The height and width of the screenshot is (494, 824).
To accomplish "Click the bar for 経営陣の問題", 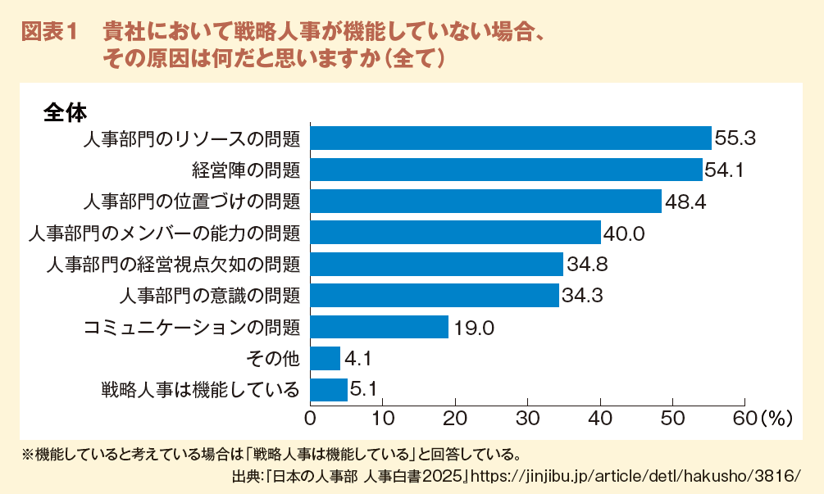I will tap(506, 170).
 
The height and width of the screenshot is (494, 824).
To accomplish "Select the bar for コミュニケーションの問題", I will tap(379, 327).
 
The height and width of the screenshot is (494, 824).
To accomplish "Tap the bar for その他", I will tap(325, 358).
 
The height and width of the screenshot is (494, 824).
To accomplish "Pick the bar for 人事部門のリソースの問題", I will tap(510, 138).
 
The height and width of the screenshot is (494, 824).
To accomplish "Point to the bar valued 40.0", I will tap(455, 233).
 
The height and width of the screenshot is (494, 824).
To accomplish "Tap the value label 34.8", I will tap(586, 265).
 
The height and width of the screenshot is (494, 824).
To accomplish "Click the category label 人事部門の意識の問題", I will tap(210, 296).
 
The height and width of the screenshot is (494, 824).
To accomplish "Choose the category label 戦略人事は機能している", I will tap(200, 390).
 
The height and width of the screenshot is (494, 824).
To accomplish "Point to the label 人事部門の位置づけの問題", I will tap(192, 202).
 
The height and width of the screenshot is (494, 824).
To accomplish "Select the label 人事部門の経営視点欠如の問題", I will tap(173, 265).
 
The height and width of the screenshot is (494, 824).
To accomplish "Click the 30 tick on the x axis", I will tap(527, 419).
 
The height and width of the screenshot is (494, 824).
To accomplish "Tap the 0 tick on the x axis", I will tap(310, 419).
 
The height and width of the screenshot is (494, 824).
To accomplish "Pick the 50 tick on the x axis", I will tap(672, 419).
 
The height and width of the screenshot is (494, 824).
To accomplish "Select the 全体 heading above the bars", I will tap(65, 111).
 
